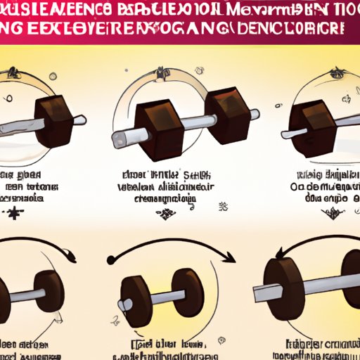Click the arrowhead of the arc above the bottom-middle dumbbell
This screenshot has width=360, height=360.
click(x=233, y=258)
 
